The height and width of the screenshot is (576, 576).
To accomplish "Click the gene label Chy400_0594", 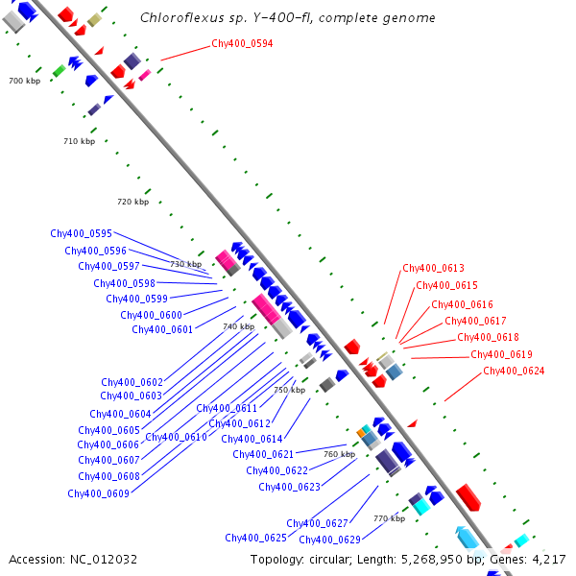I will tap(242, 43).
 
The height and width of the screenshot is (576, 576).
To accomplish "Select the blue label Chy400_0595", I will tap(82, 233).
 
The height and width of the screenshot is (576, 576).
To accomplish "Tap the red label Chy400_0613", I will tap(433, 269).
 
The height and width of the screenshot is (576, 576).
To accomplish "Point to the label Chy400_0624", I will tap(514, 372).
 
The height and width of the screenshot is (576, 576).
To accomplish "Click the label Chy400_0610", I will tap(176, 437).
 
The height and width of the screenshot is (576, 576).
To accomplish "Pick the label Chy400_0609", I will tap(98, 493).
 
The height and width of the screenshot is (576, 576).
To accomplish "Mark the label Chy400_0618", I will tap(488, 338).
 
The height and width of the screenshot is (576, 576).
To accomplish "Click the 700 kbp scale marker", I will tap(23, 82).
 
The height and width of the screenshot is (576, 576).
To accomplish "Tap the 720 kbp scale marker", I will tap(132, 203).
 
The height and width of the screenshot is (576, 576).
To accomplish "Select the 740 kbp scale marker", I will tap(238, 327).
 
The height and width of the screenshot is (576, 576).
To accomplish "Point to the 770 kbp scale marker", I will tap(389, 518).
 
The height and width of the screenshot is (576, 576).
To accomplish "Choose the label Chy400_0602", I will tap(132, 382).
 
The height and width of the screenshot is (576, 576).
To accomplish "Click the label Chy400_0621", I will tap(263, 454).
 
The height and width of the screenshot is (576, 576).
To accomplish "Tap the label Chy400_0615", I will tap(446, 285).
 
